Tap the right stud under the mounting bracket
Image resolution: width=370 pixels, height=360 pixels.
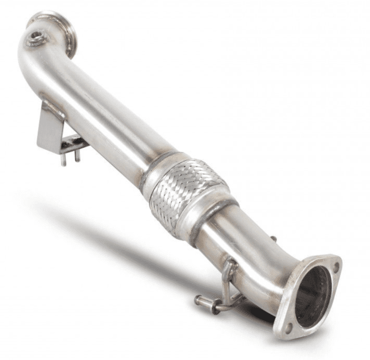point(77,156)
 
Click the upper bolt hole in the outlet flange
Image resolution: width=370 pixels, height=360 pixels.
point(336,268)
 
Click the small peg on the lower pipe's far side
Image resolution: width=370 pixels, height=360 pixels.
point(273,239)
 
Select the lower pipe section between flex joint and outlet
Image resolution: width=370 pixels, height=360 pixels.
point(249,249)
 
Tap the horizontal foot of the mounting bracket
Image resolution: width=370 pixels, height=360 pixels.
point(73,143)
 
